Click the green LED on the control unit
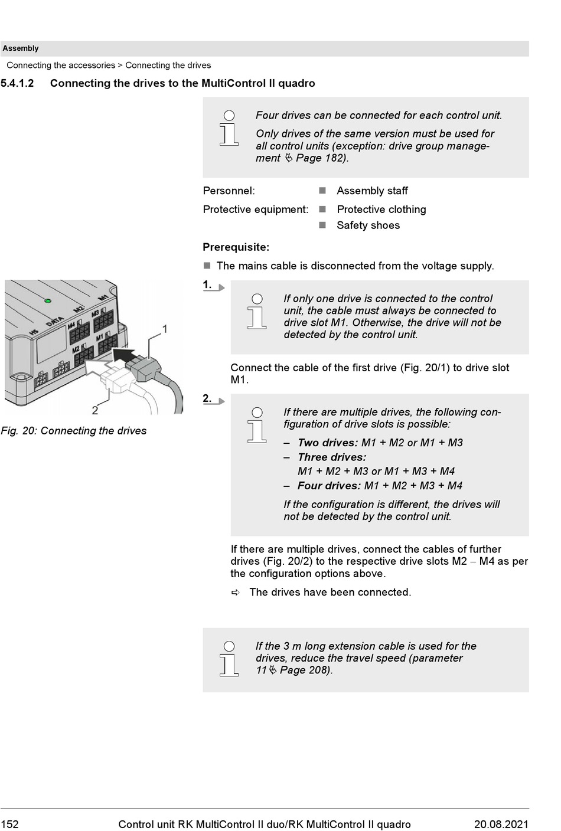(x=48, y=301)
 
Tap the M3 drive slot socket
(x=103, y=322)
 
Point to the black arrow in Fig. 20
(x=123, y=354)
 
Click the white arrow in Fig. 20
(x=96, y=368)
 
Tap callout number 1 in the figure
(x=165, y=329)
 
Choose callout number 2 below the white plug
(x=95, y=410)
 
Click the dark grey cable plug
(x=142, y=369)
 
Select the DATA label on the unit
(x=55, y=322)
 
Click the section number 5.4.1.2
(x=18, y=83)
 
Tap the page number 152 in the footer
(x=10, y=825)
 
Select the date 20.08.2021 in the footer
(x=501, y=825)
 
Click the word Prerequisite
(x=236, y=247)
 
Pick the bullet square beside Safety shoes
(x=322, y=225)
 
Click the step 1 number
(x=207, y=285)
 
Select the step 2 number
(x=207, y=398)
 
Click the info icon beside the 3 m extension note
(x=229, y=659)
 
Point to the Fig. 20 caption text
(x=74, y=431)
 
